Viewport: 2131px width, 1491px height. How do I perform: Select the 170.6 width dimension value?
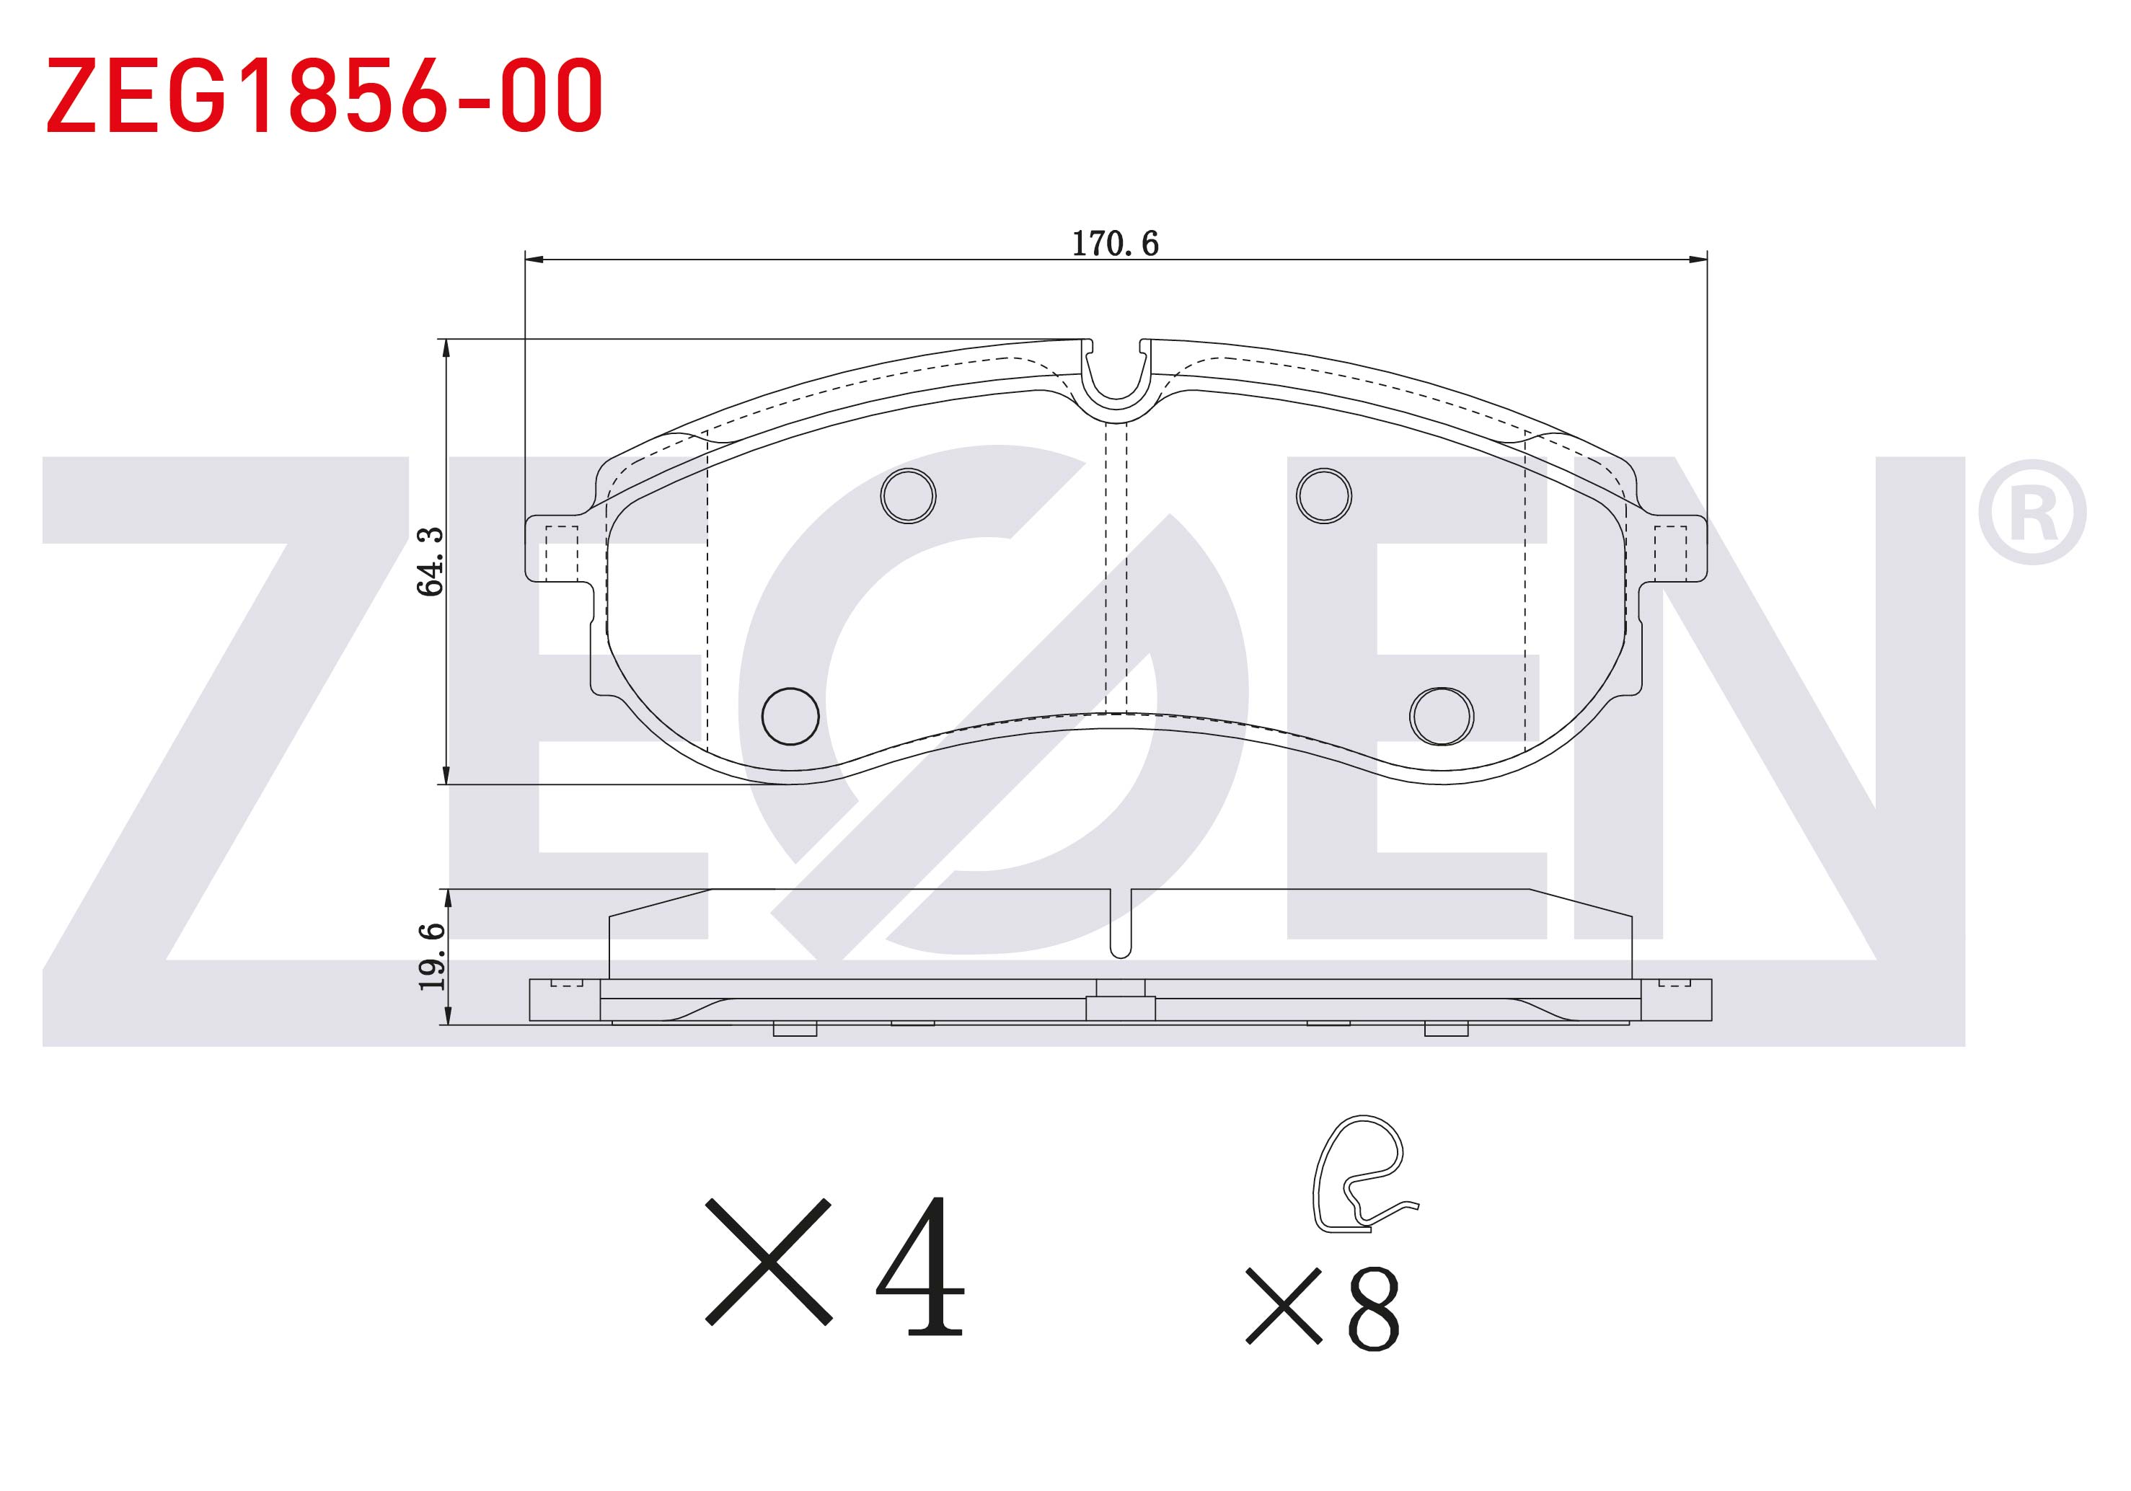tap(1115, 243)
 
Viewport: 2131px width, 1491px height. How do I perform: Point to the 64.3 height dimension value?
tap(430, 562)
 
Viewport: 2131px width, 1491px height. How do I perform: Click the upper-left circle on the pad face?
tap(908, 495)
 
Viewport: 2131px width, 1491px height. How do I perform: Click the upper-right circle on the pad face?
tap(1323, 495)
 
